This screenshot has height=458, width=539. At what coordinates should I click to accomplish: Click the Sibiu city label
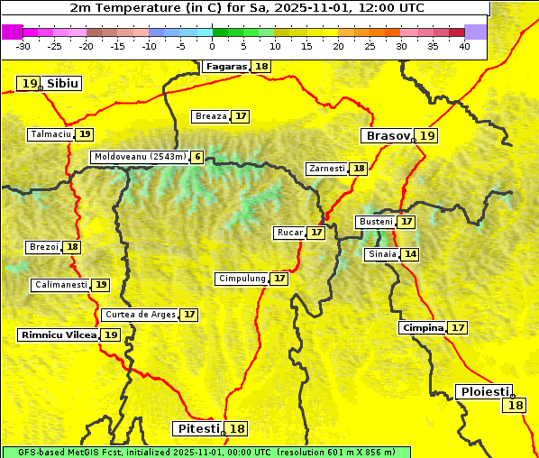63,84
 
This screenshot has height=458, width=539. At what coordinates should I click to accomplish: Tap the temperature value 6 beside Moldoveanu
196,157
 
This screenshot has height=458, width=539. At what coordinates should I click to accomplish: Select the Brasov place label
387,136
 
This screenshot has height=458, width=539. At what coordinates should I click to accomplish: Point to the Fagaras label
225,67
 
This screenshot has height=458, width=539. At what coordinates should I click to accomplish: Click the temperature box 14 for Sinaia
410,255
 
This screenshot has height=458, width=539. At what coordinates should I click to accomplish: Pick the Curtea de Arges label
139,315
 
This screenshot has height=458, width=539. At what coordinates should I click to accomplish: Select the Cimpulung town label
242,279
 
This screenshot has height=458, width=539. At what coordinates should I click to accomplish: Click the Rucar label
289,233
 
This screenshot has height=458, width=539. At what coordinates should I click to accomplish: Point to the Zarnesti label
326,169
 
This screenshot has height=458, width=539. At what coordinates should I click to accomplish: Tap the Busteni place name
375,222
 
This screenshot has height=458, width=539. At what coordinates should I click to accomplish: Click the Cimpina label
423,328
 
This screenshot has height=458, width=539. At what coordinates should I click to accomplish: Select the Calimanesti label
60,285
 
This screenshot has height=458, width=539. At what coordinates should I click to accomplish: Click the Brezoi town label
43,247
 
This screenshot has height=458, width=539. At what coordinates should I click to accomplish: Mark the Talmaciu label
50,134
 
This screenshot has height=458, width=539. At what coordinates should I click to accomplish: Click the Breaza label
211,116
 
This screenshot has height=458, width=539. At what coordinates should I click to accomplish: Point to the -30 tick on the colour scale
23,46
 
